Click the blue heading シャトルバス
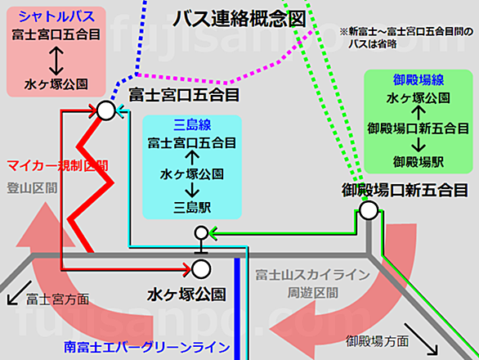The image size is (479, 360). (56, 16)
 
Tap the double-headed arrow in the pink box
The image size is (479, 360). (56, 61)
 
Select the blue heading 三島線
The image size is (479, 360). (192, 125)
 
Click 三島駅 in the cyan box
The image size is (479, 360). (192, 208)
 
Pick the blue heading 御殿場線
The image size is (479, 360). (419, 80)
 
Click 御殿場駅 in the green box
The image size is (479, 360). (419, 162)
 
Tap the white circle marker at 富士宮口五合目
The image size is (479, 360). (106, 110)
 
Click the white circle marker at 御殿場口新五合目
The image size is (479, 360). (369, 210)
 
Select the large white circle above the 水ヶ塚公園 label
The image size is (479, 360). (201, 269)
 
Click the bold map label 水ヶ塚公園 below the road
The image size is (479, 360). (186, 295)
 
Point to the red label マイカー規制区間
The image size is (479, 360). (58, 166)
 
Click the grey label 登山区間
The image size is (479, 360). (32, 188)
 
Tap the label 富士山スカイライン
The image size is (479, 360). (312, 275)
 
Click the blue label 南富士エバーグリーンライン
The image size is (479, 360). (146, 347)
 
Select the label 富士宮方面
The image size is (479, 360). (57, 299)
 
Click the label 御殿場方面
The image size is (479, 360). (378, 341)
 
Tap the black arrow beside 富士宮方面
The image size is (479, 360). (20, 293)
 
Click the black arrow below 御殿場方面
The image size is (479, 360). (421, 340)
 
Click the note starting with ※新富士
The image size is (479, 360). (406, 38)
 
